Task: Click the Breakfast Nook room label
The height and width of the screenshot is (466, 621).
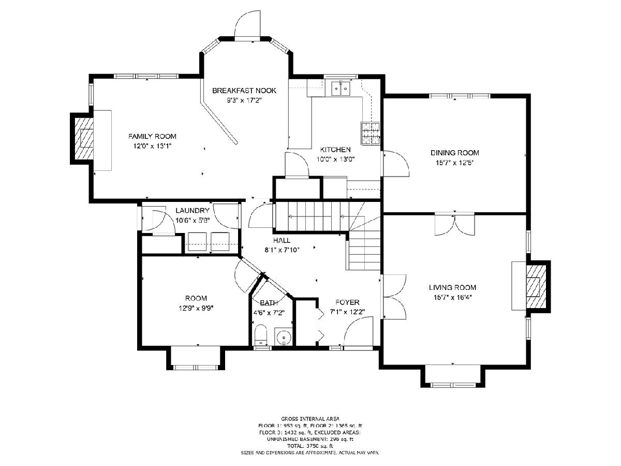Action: click(244, 91)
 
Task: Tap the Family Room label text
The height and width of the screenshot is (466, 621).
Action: click(152, 136)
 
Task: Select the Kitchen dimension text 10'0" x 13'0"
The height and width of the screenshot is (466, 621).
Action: click(335, 159)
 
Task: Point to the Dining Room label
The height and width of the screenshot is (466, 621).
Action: click(455, 153)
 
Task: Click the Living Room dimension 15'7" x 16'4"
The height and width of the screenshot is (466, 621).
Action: click(453, 297)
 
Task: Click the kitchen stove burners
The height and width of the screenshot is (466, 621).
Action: click(371, 134)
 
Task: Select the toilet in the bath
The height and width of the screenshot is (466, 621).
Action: click(261, 335)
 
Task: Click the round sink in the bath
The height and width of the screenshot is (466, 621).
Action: click(283, 337)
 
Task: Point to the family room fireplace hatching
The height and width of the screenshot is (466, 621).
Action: click(84, 138)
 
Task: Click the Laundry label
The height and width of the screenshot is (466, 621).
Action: click(193, 211)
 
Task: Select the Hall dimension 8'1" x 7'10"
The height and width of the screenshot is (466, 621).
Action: click(282, 250)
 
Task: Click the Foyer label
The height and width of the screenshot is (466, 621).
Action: click(347, 302)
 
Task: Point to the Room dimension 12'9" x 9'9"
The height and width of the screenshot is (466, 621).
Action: click(196, 308)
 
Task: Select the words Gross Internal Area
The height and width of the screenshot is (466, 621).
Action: click(310, 419)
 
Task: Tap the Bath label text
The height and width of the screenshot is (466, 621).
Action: click(269, 303)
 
